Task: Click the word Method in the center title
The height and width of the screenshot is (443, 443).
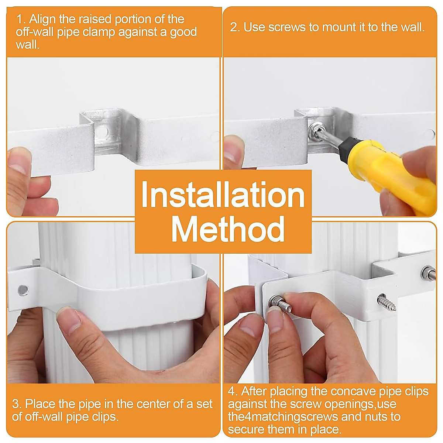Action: [x=227, y=229]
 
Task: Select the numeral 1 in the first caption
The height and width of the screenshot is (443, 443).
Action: [x=19, y=19]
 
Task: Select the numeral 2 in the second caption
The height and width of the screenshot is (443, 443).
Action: [x=233, y=27]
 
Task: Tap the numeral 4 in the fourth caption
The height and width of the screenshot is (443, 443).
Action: [x=231, y=391]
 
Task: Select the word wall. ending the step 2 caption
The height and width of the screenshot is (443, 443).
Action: [x=412, y=27]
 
